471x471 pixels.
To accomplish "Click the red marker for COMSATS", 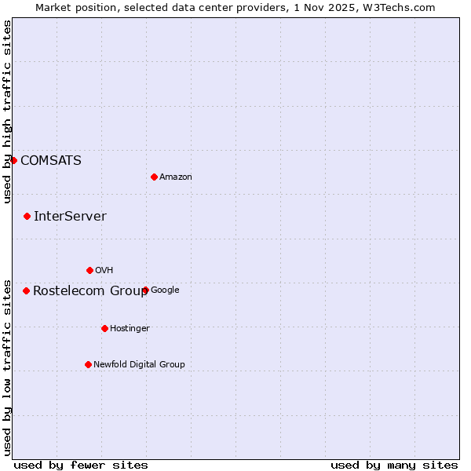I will click(x=13, y=160).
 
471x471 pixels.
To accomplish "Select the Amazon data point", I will click(x=154, y=177).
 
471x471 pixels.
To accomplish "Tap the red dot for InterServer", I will click(x=27, y=216).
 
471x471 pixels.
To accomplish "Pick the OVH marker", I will click(x=89, y=270).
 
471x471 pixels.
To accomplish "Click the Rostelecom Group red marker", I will click(x=26, y=290).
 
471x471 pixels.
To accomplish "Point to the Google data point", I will click(x=145, y=290).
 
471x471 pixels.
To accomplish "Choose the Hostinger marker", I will click(x=104, y=328).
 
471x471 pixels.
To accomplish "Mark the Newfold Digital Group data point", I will click(x=88, y=364).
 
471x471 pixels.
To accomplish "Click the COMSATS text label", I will click(x=50, y=161).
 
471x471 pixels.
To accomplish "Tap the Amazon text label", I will click(x=176, y=177).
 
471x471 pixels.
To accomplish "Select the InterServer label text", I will click(x=70, y=217).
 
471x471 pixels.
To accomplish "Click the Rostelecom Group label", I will click(x=90, y=291).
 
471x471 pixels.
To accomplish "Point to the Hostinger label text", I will click(x=130, y=329).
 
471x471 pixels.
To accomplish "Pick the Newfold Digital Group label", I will click(x=139, y=365).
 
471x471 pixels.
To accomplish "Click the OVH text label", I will click(x=104, y=271).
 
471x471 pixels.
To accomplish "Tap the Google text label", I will click(x=165, y=290).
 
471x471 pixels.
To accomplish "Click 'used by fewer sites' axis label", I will click(x=81, y=465).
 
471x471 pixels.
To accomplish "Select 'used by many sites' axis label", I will click(x=394, y=465).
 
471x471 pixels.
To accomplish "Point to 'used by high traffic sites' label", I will click(x=7, y=111).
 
